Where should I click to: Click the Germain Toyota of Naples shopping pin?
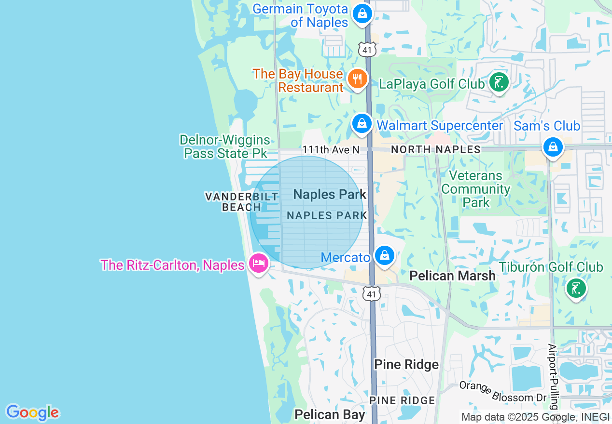[x=362, y=13]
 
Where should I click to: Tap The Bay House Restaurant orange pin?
[x=357, y=79]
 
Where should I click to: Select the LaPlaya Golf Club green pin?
[x=499, y=82]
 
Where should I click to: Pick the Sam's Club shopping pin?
[x=553, y=146]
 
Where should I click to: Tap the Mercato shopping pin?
[x=385, y=255]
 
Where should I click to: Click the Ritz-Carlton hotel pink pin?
[x=259, y=264]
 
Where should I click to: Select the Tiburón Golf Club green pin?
[x=576, y=288]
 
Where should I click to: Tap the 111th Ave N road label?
[x=331, y=150]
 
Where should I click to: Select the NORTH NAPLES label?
[x=435, y=149]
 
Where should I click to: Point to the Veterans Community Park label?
[x=476, y=189]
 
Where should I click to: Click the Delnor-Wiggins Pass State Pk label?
[x=225, y=146]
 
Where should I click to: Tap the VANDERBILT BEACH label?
[x=242, y=201]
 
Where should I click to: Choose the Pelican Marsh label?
[x=452, y=276]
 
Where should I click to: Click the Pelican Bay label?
[x=330, y=414]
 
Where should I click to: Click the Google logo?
[x=32, y=412]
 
